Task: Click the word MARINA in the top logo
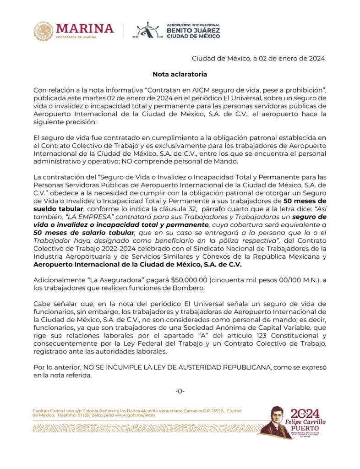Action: point(85,28)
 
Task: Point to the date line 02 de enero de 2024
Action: point(259,58)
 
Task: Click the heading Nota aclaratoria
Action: point(180,73)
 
